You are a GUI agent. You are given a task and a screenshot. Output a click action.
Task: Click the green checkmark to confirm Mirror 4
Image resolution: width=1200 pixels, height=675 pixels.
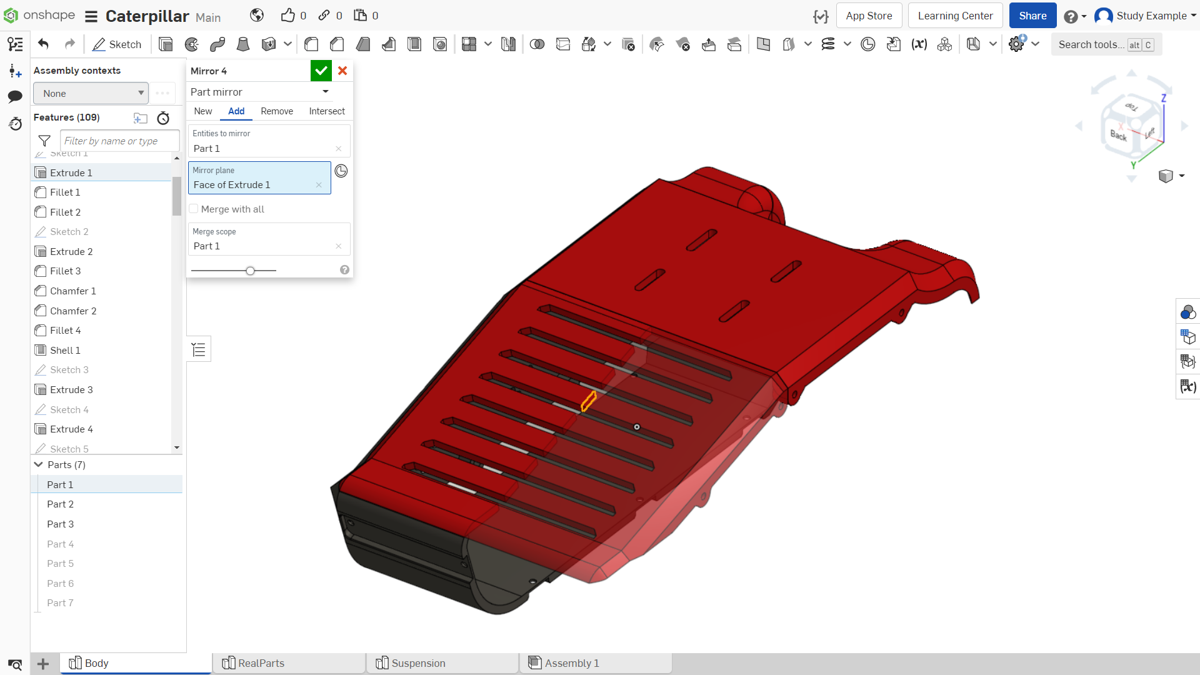tap(321, 71)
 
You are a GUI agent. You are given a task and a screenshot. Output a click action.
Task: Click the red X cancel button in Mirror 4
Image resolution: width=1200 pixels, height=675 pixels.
tap(342, 71)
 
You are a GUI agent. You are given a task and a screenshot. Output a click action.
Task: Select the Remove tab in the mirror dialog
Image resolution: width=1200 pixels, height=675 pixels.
tap(277, 111)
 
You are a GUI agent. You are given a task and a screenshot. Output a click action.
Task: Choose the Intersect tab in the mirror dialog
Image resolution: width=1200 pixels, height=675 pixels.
tap(327, 111)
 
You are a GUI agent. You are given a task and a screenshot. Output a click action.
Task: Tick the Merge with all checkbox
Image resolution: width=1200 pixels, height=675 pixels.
tap(194, 209)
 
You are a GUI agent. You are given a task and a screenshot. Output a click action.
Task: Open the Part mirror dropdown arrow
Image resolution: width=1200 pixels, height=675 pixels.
tap(326, 92)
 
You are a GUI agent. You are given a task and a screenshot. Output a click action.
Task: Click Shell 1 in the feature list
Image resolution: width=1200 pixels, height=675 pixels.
tap(65, 350)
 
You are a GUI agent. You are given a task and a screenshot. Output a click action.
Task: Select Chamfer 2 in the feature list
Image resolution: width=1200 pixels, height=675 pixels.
tap(73, 311)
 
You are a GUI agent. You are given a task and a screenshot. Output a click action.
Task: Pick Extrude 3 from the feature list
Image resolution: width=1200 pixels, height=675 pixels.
tap(71, 389)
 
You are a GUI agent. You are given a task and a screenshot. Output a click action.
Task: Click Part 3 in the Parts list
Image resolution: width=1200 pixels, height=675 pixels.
tap(60, 524)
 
